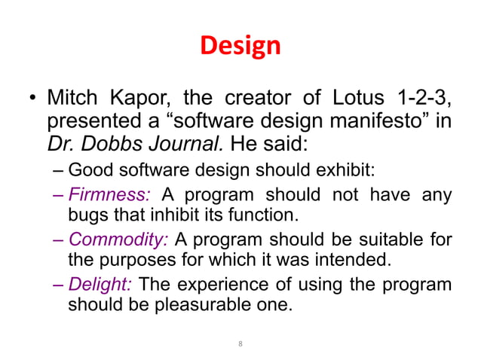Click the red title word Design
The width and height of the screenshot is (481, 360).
click(240, 46)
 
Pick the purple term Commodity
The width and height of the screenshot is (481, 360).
click(119, 240)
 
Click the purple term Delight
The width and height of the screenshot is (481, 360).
click(100, 285)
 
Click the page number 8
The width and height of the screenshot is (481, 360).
click(240, 343)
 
